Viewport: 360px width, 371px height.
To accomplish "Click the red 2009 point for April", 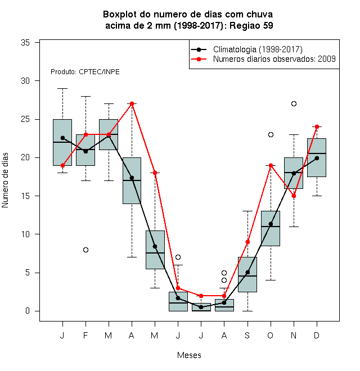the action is click(x=132, y=103).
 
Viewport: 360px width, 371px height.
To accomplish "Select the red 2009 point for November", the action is click(x=294, y=196).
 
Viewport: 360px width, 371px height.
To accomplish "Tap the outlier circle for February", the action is click(x=85, y=250).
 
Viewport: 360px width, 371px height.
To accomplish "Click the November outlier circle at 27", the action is click(x=294, y=103).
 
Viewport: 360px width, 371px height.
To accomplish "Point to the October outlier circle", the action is click(x=271, y=135).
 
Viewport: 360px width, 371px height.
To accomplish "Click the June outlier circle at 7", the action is click(x=178, y=257).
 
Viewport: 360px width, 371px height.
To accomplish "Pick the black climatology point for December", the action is click(x=317, y=158).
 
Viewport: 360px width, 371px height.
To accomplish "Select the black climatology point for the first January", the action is click(x=62, y=138).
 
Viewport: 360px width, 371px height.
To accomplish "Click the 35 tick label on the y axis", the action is click(x=25, y=43).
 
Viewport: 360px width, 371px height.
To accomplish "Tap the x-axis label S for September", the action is click(x=247, y=335).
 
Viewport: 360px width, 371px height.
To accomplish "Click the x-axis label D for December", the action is click(x=317, y=335).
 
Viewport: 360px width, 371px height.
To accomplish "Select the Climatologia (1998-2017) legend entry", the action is click(x=247, y=49).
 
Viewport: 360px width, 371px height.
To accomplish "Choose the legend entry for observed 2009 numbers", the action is click(x=263, y=59).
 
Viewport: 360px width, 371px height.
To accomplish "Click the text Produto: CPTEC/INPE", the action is click(x=85, y=72).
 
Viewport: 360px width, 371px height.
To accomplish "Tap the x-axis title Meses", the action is click(x=189, y=355).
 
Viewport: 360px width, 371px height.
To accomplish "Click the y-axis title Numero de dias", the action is click(x=5, y=180).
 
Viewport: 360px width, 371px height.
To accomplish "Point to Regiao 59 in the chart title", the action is click(x=251, y=25).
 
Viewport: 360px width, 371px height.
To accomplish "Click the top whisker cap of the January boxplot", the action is click(x=62, y=88).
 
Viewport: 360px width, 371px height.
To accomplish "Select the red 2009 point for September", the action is click(x=247, y=242).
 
